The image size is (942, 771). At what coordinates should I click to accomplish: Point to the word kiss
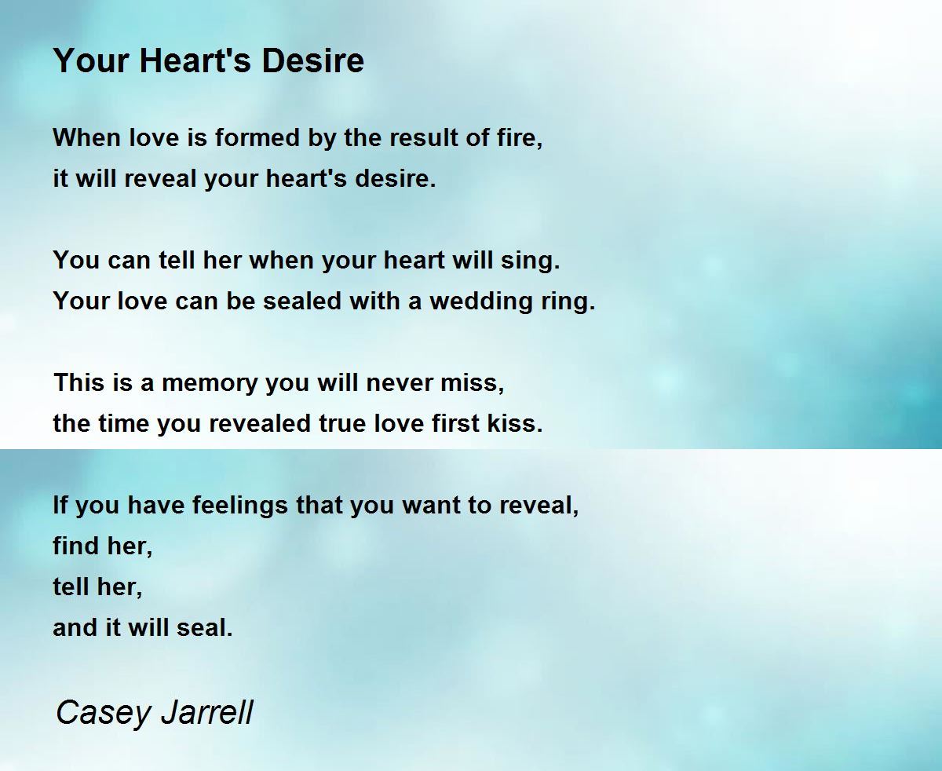coord(517,424)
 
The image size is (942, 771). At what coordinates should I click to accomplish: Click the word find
coord(74,546)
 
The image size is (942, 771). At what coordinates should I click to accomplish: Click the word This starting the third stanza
coord(77,383)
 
